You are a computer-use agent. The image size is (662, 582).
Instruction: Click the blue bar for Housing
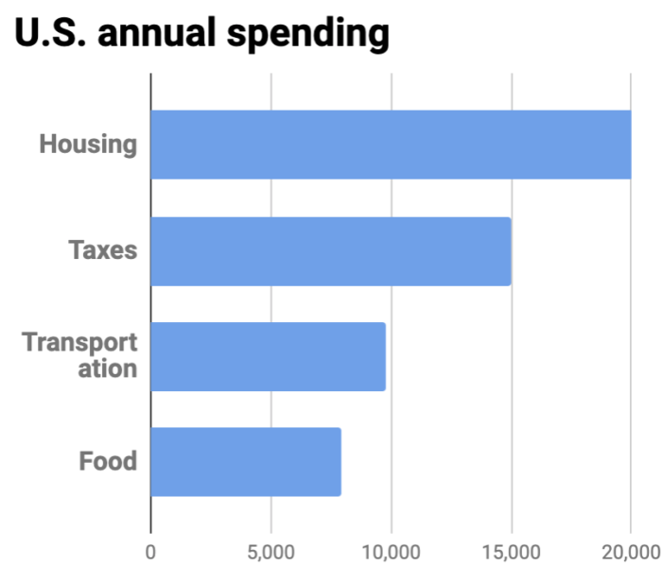[x=391, y=145]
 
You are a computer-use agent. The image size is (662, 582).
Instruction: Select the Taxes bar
[x=331, y=251]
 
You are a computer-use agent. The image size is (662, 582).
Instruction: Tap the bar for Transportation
[x=268, y=356]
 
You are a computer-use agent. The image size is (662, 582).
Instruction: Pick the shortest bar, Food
[x=246, y=462]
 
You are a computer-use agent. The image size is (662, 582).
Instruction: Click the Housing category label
[x=88, y=145]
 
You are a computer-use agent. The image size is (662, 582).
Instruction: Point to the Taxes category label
[x=103, y=251]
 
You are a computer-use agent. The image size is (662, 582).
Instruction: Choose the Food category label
[x=108, y=462]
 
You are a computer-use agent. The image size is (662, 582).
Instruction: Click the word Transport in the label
[x=80, y=342]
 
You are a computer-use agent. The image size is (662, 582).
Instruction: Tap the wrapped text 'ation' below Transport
[x=107, y=369]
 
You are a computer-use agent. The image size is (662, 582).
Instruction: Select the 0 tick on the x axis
[x=150, y=550]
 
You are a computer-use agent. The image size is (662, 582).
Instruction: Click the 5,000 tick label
[x=270, y=550]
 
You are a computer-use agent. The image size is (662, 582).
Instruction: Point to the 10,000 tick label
[x=391, y=550]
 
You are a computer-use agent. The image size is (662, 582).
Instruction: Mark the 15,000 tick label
[x=511, y=550]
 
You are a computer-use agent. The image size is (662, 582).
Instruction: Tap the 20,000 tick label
[x=630, y=550]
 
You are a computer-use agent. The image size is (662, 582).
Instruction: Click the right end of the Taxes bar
[x=509, y=251]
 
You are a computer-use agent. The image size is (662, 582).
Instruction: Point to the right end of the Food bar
[x=339, y=462]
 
